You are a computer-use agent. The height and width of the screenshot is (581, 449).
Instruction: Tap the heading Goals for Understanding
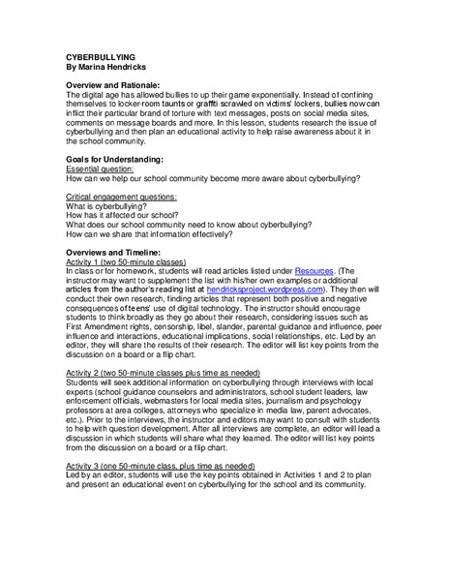click(x=112, y=158)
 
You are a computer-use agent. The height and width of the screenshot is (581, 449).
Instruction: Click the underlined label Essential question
click(x=100, y=168)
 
